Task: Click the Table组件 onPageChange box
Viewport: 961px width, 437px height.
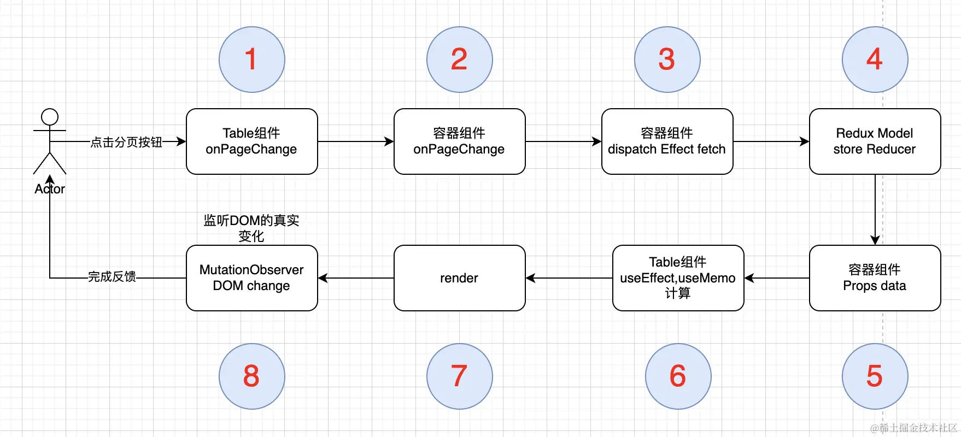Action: [x=251, y=141]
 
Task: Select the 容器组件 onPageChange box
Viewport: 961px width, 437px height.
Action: [x=459, y=141]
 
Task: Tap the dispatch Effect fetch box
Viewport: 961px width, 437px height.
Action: [x=667, y=141]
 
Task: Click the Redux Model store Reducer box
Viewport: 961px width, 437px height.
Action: [x=875, y=141]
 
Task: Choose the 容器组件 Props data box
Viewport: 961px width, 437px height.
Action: [x=875, y=278]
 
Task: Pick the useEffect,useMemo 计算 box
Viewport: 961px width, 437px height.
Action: [x=678, y=278]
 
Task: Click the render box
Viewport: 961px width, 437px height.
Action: [x=459, y=278]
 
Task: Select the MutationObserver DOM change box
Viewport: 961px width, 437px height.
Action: [x=251, y=278]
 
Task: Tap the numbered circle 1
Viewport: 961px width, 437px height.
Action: [x=251, y=60]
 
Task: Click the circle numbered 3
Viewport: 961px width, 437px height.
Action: [x=667, y=60]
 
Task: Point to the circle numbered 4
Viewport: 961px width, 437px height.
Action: [x=875, y=60]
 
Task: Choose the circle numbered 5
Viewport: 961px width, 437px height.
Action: [x=875, y=376]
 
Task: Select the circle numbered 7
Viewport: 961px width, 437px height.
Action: [x=459, y=376]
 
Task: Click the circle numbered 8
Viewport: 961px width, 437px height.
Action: [x=251, y=376]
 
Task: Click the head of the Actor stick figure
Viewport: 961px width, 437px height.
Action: [x=50, y=117]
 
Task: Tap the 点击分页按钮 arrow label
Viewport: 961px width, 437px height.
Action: [x=126, y=142]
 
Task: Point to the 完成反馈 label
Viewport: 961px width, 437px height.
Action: [x=112, y=277]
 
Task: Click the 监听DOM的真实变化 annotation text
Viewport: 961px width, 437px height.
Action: [x=251, y=228]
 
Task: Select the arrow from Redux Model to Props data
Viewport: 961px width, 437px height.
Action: [x=875, y=210]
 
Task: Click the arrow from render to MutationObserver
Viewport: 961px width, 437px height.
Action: [x=356, y=278]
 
